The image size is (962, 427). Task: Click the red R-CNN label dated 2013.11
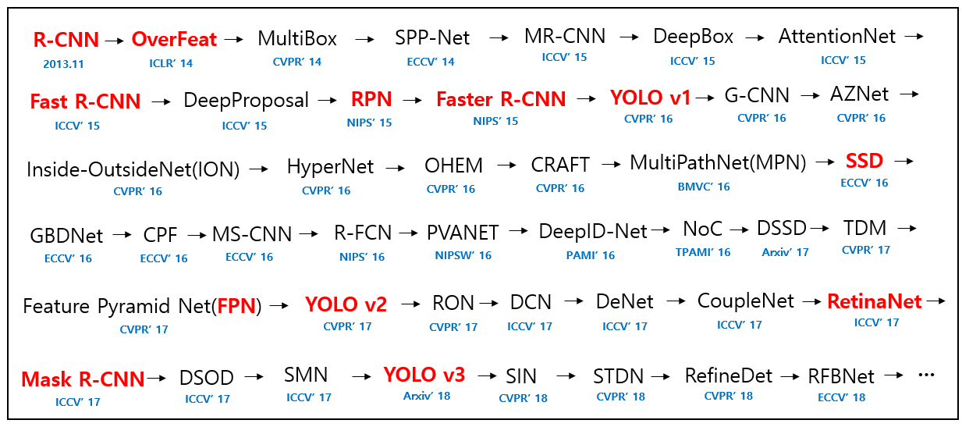click(66, 40)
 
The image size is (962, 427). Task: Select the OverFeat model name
click(174, 39)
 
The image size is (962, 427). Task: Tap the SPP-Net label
click(432, 37)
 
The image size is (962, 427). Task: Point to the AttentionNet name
click(837, 36)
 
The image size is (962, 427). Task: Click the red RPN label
click(371, 99)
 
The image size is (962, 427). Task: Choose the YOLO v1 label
click(650, 98)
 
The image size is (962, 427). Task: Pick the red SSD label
click(864, 161)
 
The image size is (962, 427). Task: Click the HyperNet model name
click(330, 167)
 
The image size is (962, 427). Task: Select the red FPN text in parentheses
click(236, 306)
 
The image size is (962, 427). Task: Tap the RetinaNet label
click(875, 301)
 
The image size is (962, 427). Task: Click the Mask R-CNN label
click(83, 379)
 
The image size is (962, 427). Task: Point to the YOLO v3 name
click(424, 375)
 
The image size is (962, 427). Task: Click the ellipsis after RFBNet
click(926, 375)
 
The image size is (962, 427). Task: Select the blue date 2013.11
click(63, 64)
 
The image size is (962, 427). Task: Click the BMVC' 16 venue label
click(704, 187)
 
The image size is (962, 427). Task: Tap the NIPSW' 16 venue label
click(463, 255)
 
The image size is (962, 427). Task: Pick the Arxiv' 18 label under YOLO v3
click(427, 396)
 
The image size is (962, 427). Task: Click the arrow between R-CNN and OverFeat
click(114, 41)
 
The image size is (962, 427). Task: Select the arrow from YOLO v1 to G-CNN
click(705, 98)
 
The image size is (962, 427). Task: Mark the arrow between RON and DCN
click(488, 304)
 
